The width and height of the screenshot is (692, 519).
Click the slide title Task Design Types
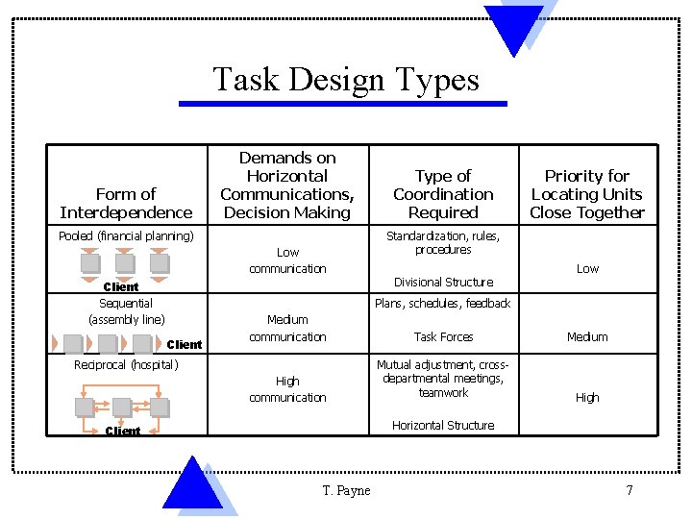(345, 79)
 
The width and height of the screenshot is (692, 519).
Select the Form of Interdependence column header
(126, 203)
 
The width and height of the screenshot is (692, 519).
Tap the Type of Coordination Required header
(443, 194)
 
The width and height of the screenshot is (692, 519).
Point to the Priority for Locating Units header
(586, 194)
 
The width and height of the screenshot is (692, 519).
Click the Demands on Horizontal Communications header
(287, 185)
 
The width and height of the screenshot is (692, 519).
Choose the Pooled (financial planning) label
(126, 235)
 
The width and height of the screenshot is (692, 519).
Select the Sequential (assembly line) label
(126, 311)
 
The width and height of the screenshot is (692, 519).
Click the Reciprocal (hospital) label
(126, 364)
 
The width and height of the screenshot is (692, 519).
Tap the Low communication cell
(287, 260)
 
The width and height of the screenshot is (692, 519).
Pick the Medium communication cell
(287, 328)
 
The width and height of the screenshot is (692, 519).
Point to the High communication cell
(287, 389)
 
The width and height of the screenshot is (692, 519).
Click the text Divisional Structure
(443, 282)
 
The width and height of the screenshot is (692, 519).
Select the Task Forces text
(443, 336)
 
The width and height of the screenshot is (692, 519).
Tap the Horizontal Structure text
(443, 425)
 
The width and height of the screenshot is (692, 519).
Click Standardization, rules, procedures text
(443, 242)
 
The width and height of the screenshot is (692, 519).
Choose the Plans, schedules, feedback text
(443, 304)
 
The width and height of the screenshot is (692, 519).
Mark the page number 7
(629, 490)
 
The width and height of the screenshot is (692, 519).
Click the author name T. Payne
(346, 490)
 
